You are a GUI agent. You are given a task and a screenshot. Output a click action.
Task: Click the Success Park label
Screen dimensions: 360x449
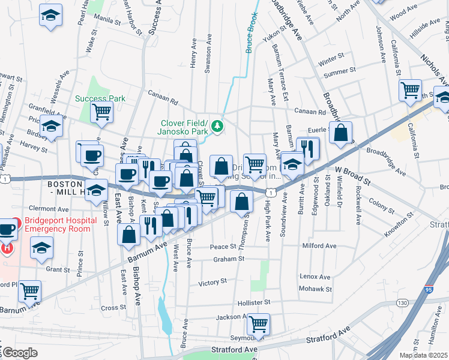pos(100,98)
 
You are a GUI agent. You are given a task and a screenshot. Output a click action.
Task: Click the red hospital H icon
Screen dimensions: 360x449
pos(6,247)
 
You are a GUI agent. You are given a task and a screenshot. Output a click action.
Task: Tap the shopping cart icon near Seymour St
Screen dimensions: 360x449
pos(258,325)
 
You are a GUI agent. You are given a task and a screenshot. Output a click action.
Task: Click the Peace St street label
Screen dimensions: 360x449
pos(223,247)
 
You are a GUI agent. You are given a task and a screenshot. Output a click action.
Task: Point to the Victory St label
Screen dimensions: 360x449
pos(212,281)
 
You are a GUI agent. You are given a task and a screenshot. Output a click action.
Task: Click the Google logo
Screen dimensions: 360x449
pos(20,352)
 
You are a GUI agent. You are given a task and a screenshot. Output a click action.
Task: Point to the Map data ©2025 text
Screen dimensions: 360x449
pos(423,355)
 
